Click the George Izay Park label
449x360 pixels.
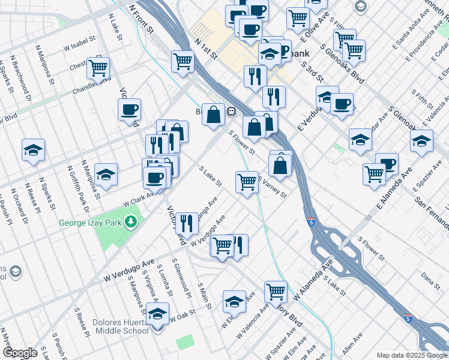click(x=90, y=223)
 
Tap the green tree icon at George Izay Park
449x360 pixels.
click(x=130, y=223)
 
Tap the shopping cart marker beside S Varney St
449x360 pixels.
click(x=247, y=182)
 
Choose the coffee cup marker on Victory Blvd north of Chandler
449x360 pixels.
click(x=129, y=110)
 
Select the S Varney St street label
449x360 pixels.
click(x=273, y=187)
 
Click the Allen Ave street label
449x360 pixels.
click(x=352, y=347)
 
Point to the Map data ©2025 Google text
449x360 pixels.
click(x=412, y=355)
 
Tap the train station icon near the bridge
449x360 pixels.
click(x=231, y=111)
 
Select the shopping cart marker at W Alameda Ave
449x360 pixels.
click(x=276, y=292)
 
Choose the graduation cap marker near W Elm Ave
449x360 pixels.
click(x=234, y=301)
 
